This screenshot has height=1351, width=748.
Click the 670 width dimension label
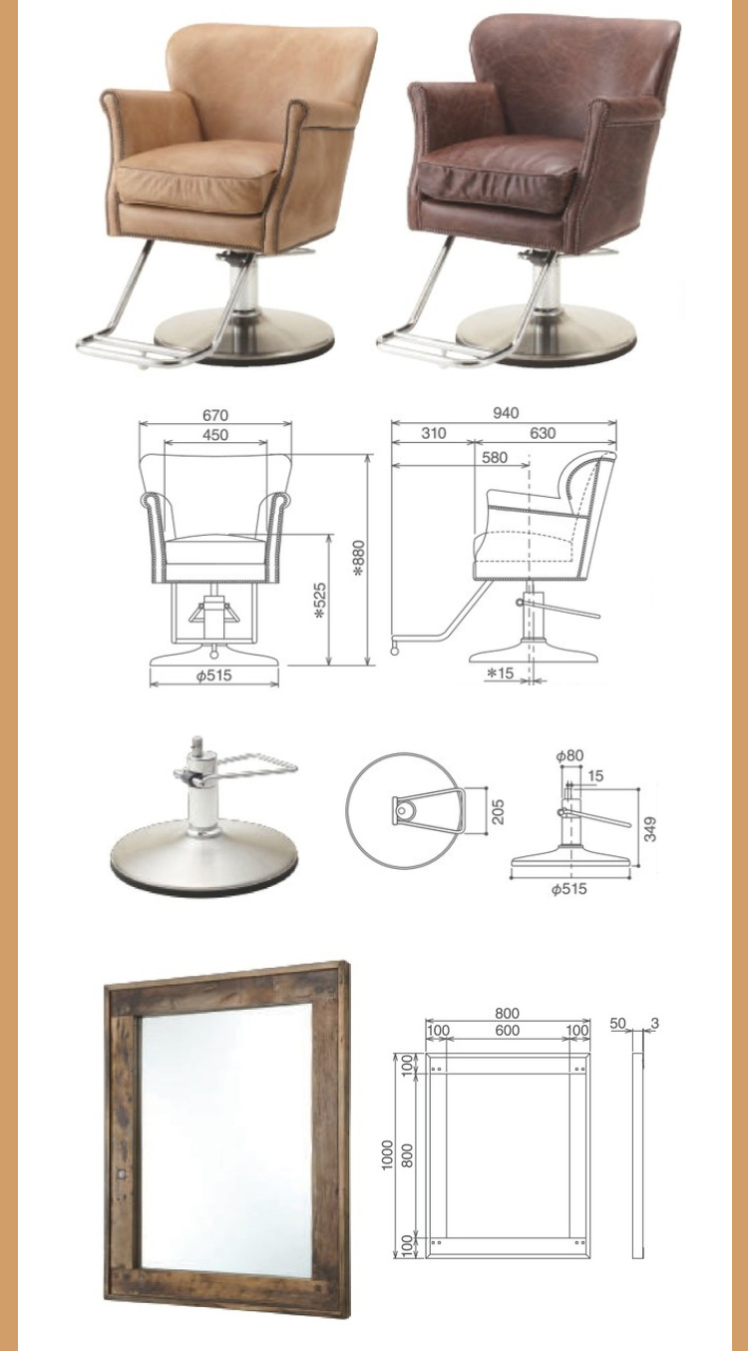pyautogui.click(x=215, y=415)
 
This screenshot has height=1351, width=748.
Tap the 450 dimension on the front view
pyautogui.click(x=215, y=434)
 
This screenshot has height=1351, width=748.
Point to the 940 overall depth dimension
pyautogui.click(x=506, y=412)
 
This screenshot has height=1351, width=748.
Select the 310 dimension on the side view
pyautogui.click(x=434, y=433)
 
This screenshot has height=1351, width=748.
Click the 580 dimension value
pyautogui.click(x=495, y=457)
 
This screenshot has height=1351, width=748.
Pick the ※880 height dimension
pyautogui.click(x=360, y=558)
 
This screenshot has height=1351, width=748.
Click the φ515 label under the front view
pyautogui.click(x=214, y=675)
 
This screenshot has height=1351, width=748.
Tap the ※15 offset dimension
pyautogui.click(x=501, y=672)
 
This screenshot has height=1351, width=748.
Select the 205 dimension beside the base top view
pyautogui.click(x=498, y=811)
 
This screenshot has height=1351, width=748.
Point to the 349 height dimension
pyautogui.click(x=650, y=829)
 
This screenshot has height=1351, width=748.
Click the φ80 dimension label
pyautogui.click(x=569, y=755)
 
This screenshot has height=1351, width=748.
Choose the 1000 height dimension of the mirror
pyautogui.click(x=387, y=1154)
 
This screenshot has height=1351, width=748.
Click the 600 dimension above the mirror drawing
pyautogui.click(x=507, y=1030)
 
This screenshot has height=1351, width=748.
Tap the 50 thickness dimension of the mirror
pyautogui.click(x=617, y=1023)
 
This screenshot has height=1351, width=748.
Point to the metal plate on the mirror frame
pyautogui.click(x=120, y=1173)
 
